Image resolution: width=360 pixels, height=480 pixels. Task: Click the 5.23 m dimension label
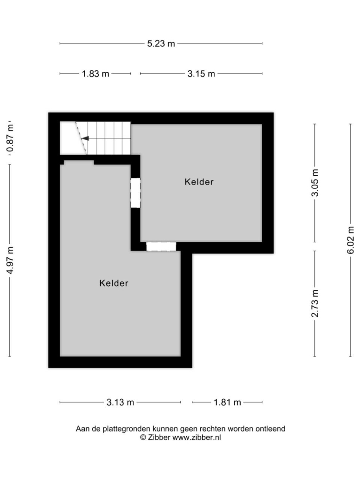tap(161, 44)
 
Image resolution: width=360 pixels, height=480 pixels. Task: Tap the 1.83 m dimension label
tap(95, 74)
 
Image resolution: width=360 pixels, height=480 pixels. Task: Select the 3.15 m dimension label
tap(201, 74)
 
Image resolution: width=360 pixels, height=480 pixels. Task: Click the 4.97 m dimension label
tap(10, 260)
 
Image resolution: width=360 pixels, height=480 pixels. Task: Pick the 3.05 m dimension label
tap(315, 183)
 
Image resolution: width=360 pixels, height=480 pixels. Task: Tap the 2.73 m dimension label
tap(315, 303)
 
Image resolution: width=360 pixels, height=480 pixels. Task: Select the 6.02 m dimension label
tap(351, 240)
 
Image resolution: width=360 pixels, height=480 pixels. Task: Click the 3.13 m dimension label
tap(120, 402)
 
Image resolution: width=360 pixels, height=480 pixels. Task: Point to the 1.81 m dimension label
tap(227, 402)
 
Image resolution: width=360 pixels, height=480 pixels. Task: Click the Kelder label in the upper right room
tap(199, 182)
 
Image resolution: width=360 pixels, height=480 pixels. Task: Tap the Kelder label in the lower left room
tap(114, 283)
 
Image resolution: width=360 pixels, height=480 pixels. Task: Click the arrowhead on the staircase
tap(85, 138)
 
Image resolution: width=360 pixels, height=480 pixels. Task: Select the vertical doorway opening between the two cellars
tap(136, 193)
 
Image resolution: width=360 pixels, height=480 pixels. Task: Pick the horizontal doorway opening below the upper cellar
tap(161, 247)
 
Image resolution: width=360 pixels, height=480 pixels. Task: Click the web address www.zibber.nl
tap(197, 438)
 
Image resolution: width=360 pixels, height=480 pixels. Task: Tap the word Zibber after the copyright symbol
tap(159, 438)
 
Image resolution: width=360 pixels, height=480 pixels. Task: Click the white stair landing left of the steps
tap(70, 138)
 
